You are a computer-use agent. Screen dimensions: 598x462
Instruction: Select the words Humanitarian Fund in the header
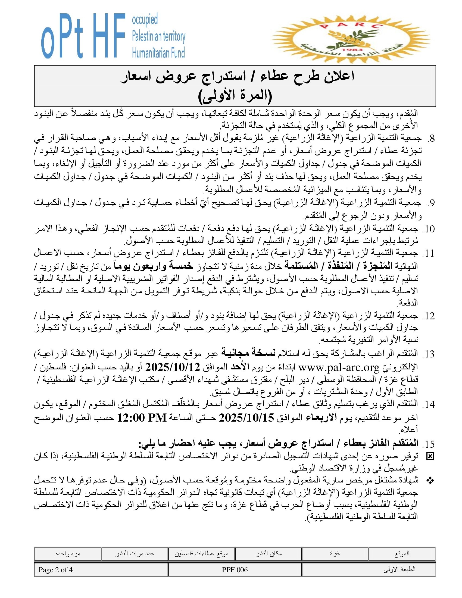click(158, 52)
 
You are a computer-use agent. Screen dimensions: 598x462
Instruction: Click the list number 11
click(428, 254)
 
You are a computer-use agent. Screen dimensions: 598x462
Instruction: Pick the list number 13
click(428, 354)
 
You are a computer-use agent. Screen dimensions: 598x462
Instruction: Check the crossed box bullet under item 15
click(430, 456)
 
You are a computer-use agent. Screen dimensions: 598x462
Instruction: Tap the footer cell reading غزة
click(335, 554)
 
